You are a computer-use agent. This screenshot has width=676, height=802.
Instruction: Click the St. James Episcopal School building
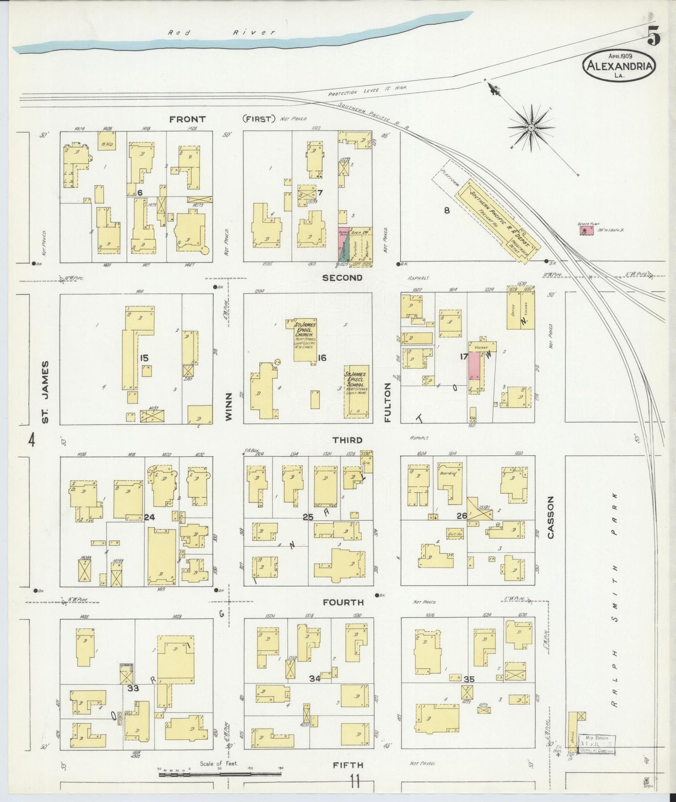pyautogui.click(x=356, y=392)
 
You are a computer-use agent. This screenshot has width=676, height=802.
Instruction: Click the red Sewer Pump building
pyautogui.click(x=584, y=231)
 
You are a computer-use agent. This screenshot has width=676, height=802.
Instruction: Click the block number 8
pyautogui.click(x=446, y=211)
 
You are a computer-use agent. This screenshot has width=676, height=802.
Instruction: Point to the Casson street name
pyautogui.click(x=550, y=517)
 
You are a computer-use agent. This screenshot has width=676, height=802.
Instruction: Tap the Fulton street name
pyautogui.click(x=387, y=402)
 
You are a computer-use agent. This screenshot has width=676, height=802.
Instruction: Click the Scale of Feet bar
pyautogui.click(x=220, y=774)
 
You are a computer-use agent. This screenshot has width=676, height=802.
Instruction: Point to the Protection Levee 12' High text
pyautogui.click(x=367, y=90)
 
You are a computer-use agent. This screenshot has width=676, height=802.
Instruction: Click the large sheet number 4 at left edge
pyautogui.click(x=31, y=440)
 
